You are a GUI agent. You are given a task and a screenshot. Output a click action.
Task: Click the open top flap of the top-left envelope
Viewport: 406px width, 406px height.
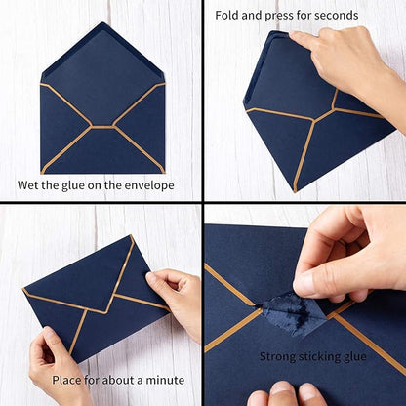(x=101, y=59)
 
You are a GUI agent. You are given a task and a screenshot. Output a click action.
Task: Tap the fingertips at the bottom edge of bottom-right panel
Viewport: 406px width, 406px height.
(x=283, y=394)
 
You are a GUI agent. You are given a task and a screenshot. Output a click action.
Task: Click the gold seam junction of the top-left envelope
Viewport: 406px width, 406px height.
(x=102, y=126)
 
